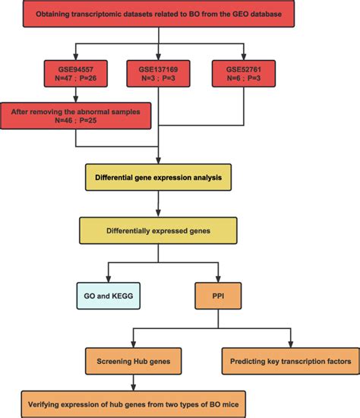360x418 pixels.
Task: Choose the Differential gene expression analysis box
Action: point(158,179)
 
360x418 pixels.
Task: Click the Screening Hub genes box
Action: point(134,361)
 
